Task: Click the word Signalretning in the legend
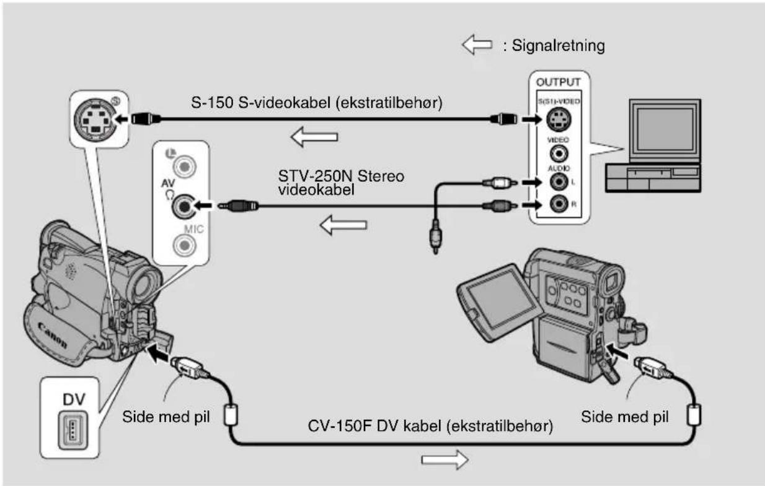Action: pos(558,46)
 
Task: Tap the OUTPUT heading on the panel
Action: pos(559,82)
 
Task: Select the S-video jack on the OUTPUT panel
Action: pos(559,119)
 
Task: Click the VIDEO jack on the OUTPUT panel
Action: pos(559,154)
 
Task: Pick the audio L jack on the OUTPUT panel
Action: pos(559,182)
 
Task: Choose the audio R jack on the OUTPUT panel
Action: pos(559,204)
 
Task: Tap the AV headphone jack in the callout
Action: pos(184,206)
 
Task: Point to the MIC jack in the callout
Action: pos(184,245)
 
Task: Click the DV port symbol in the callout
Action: pos(73,430)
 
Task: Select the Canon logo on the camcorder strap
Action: pos(52,336)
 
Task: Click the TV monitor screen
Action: pos(665,129)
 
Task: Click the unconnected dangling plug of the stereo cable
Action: pos(435,237)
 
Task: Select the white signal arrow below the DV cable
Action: pos(444,460)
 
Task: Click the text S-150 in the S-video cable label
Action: pos(212,103)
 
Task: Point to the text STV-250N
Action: pos(316,176)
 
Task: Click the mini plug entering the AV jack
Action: pos(239,206)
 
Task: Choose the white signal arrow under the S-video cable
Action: pos(314,137)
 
